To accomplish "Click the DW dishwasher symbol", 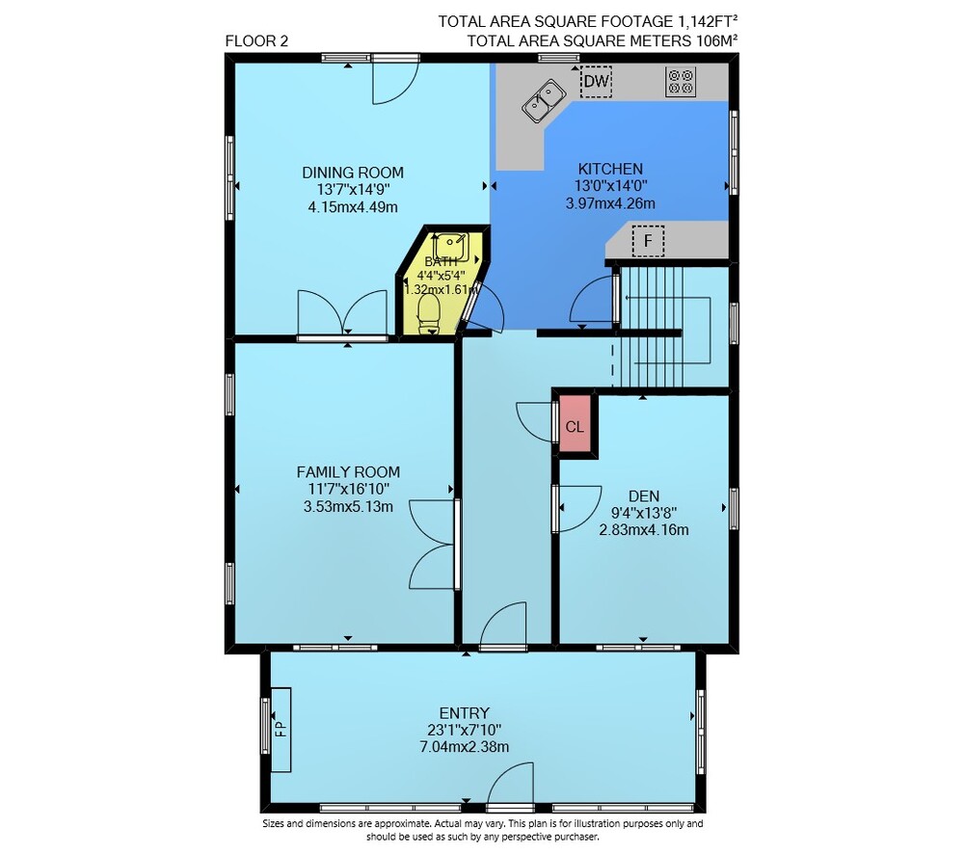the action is click(596, 81).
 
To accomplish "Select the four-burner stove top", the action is click(680, 82).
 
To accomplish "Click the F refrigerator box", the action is click(648, 240).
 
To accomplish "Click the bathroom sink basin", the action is click(450, 246).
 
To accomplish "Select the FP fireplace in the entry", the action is click(281, 729).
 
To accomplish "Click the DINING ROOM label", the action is click(352, 173).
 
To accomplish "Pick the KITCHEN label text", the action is click(610, 169).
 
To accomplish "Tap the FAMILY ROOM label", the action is click(348, 472).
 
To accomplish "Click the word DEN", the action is click(644, 496).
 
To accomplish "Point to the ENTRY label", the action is click(465, 713).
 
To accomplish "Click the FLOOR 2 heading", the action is click(256, 41).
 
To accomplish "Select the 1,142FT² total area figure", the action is click(708, 21).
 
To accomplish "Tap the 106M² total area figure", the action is click(717, 40).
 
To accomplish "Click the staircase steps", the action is click(652, 327).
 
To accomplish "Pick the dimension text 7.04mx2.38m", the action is click(465, 747).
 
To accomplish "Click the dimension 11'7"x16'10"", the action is click(349, 490).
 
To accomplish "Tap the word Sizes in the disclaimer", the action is click(274, 824).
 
